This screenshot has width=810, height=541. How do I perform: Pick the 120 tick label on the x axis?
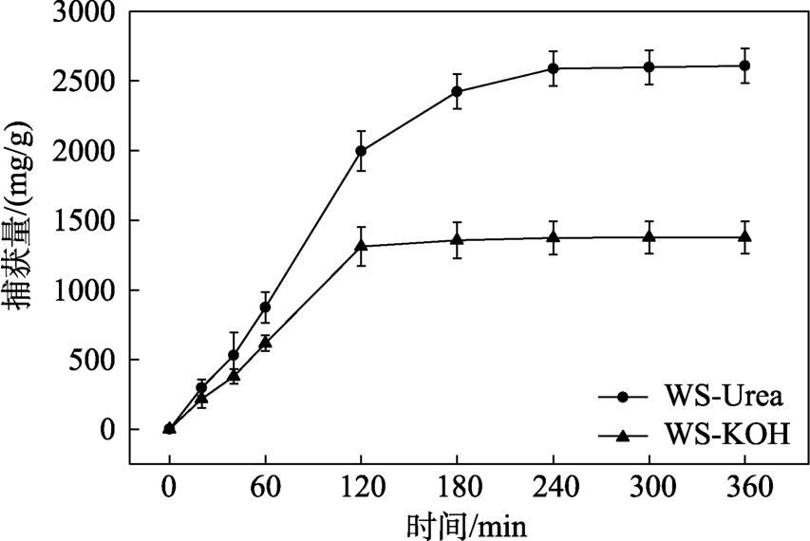tap(361, 491)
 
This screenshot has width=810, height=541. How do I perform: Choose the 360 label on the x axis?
tap(744, 491)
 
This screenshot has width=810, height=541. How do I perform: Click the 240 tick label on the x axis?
tap(553, 491)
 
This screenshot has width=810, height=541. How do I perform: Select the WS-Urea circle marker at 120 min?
tap(361, 151)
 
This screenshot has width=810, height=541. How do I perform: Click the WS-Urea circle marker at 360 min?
tap(744, 65)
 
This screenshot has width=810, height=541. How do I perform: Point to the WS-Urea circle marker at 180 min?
tap(457, 91)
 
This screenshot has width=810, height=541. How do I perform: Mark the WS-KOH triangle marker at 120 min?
tap(361, 246)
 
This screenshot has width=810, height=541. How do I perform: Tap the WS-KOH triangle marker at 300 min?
tap(649, 236)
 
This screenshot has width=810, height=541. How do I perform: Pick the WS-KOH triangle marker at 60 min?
tap(265, 343)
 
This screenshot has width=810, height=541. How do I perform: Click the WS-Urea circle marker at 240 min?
tap(553, 68)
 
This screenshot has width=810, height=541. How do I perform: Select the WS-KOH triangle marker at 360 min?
tap(744, 236)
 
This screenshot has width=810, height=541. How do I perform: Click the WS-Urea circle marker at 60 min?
tap(265, 307)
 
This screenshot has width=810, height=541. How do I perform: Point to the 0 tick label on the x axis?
tap(169, 491)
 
